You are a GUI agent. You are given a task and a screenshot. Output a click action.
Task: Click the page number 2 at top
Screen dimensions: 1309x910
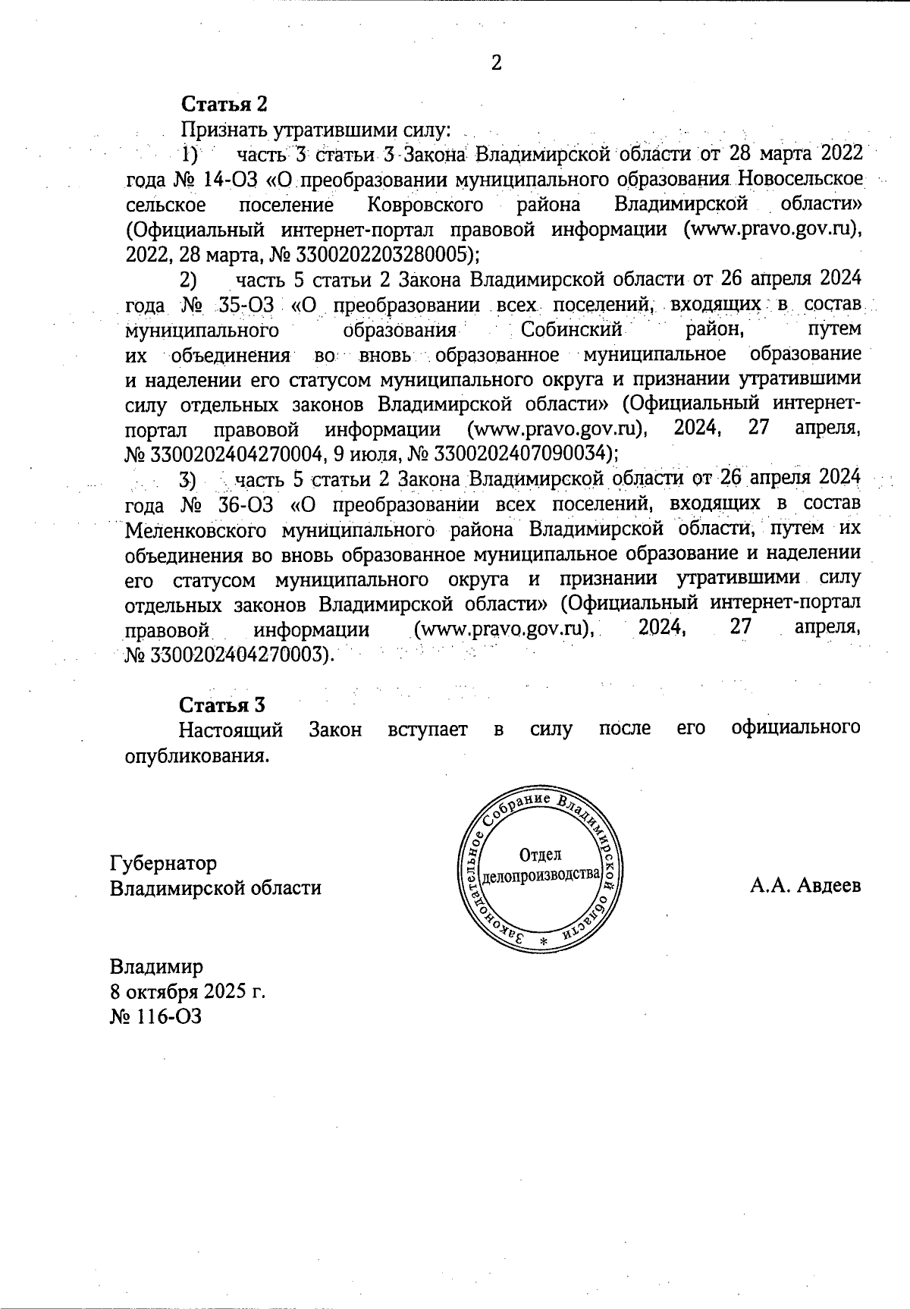click(497, 63)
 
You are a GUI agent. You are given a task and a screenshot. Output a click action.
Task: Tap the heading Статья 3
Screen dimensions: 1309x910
click(221, 705)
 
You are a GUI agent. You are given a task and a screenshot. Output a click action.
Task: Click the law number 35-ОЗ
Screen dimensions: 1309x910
click(242, 306)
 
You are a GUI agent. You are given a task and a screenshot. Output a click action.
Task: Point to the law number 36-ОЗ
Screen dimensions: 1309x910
click(242, 504)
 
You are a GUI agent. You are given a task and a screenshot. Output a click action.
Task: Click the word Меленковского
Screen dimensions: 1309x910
click(195, 529)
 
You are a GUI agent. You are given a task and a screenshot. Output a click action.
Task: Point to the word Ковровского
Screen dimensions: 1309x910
click(426, 205)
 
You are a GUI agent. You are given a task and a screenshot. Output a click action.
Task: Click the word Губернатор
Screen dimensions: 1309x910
click(163, 863)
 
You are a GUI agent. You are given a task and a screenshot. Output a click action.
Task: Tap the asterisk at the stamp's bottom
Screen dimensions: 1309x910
click(542, 941)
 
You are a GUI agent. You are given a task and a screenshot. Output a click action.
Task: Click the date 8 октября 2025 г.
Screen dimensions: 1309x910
click(187, 992)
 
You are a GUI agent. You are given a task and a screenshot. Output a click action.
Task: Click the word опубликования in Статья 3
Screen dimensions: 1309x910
click(196, 756)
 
